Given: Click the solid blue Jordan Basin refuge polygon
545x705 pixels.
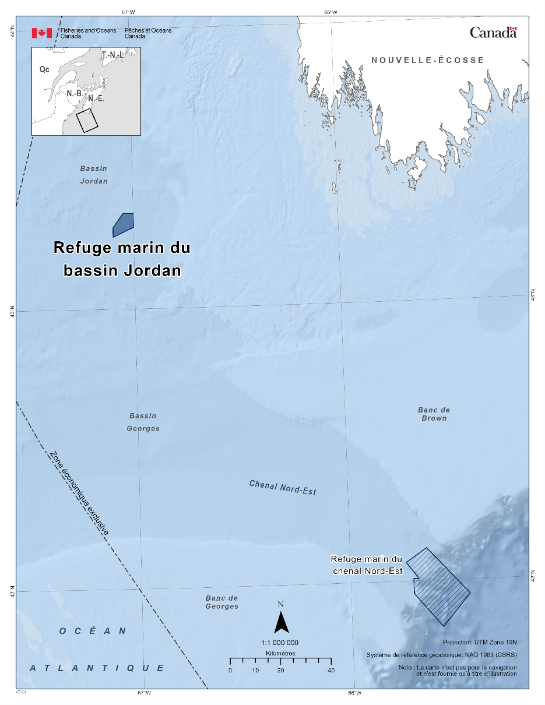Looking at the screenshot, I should pos(124,224).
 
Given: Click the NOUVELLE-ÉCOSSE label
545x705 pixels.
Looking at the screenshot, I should pos(428,60).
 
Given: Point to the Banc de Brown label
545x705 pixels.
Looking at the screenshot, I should pos(434,414).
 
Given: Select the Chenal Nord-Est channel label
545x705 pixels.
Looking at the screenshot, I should pos(282,487).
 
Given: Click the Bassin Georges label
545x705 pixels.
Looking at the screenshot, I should pos(143,422).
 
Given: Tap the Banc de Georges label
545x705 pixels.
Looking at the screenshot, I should pos(221,602).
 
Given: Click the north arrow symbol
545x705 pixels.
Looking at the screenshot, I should pos(282,622).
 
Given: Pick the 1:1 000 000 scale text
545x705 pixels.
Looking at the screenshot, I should pos(280,642).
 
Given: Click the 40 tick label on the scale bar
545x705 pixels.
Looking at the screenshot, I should pos(331,671).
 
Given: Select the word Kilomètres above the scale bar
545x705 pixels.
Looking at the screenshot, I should pos(280,653).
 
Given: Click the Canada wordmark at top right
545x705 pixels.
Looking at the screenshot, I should pos(493,33).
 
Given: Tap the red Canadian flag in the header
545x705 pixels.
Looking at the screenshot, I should pos(42,33).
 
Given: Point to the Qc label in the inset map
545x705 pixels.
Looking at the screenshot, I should pos(44,69).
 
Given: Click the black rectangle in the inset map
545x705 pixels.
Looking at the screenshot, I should pos(87,120).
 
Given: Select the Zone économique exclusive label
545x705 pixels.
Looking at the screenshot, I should pos(79,493).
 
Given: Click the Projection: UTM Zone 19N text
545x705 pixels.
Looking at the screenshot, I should pos(480,643).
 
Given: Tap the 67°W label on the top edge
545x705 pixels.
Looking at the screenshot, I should pos(128,12).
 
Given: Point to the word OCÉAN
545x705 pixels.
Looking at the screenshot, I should pos(93,631).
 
